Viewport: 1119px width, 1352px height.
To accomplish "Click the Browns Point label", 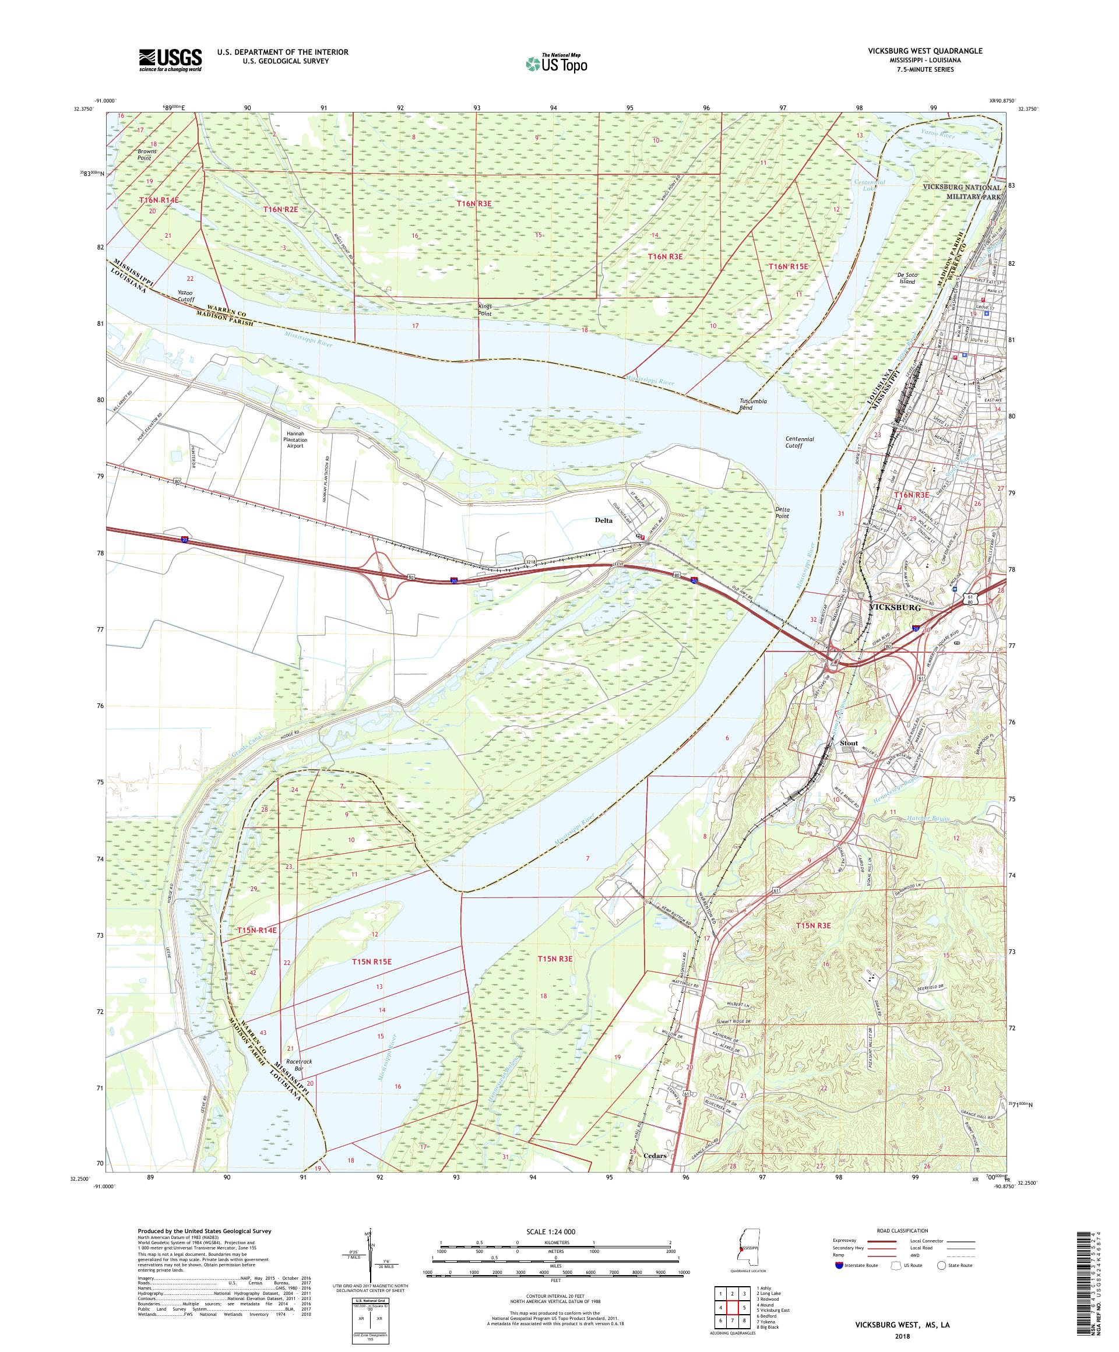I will point(146,154).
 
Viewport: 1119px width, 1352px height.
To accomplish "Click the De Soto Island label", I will point(906,277).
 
